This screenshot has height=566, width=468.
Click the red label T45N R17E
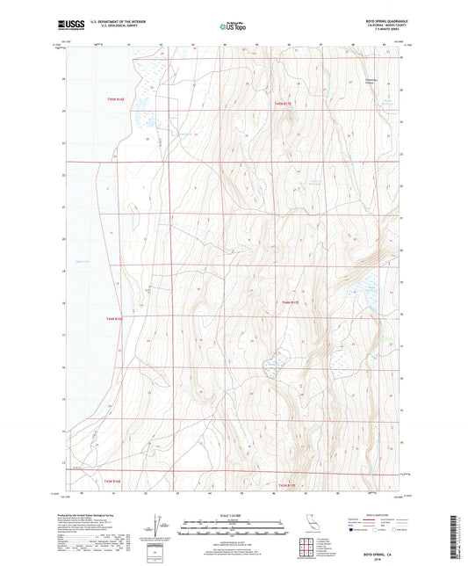(x=285, y=105)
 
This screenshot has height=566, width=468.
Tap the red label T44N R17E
(x=291, y=302)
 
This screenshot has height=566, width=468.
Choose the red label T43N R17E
(x=288, y=485)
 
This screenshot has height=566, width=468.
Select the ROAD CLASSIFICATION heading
(x=373, y=515)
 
